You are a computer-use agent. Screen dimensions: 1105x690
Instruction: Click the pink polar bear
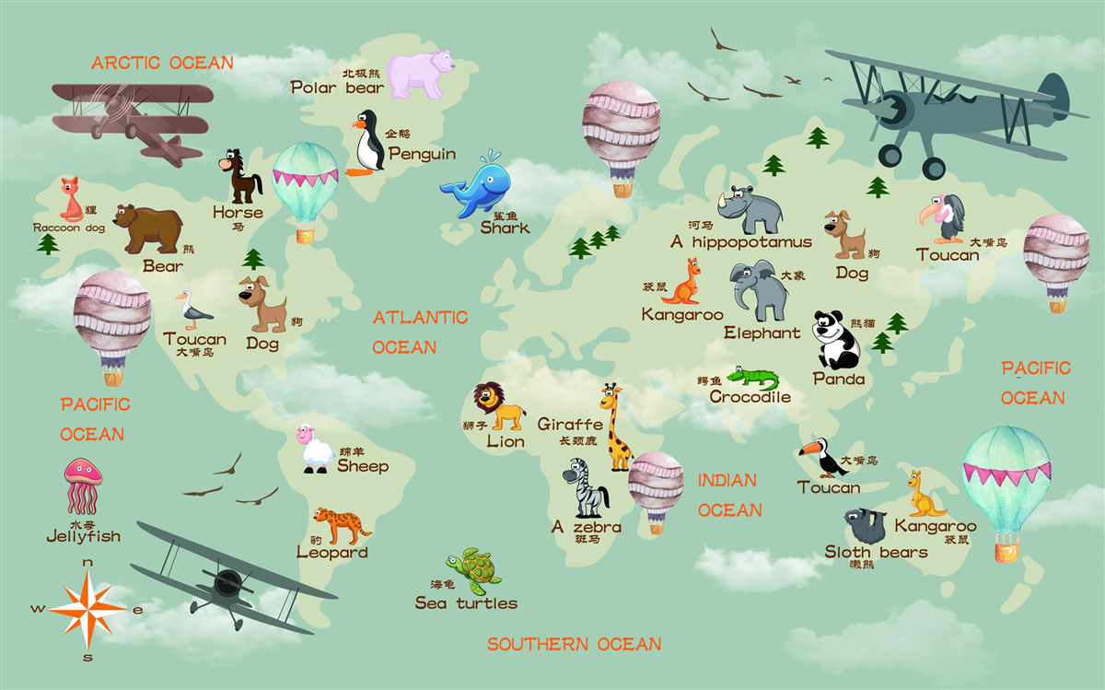(420, 74)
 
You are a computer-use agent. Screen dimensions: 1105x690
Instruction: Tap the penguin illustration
(368, 143)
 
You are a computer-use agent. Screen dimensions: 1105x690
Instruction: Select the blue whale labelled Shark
(477, 188)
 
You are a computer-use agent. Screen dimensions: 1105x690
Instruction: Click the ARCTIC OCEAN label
(162, 63)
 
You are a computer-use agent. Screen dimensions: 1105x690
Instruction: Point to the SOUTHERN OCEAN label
(574, 644)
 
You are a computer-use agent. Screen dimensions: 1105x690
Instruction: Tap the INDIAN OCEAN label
(729, 495)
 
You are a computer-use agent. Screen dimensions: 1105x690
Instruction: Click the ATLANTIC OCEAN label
(419, 332)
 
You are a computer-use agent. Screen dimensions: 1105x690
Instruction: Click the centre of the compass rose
(87, 608)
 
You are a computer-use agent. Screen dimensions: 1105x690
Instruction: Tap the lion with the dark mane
(498, 405)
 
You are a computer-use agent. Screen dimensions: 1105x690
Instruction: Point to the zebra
(587, 487)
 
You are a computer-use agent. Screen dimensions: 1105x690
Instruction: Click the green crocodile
(753, 378)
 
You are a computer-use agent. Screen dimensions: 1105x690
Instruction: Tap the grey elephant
(758, 289)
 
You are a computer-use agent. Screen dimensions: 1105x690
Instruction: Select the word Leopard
(331, 553)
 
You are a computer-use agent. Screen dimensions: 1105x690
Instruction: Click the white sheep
(316, 449)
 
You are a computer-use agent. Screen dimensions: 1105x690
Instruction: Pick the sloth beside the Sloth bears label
(866, 526)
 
